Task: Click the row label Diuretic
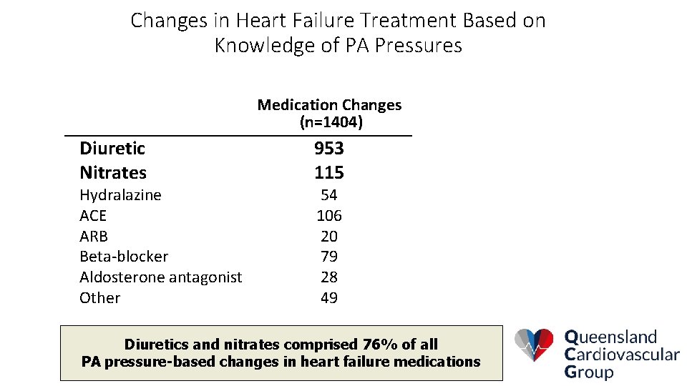click(x=112, y=149)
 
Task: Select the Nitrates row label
click(x=113, y=172)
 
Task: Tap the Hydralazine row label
click(x=120, y=195)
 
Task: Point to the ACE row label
click(x=93, y=216)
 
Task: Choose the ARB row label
click(x=94, y=236)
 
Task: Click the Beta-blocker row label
click(x=124, y=257)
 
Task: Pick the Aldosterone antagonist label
click(x=161, y=277)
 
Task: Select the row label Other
click(x=100, y=298)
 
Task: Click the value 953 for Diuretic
click(x=329, y=149)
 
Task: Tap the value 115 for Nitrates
click(x=329, y=172)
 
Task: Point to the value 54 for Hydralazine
click(x=329, y=195)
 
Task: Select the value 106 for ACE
click(x=329, y=216)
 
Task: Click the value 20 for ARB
click(x=329, y=236)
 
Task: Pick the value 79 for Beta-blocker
click(x=329, y=257)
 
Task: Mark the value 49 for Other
click(x=329, y=298)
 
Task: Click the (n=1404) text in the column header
click(x=331, y=123)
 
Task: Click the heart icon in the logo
click(x=535, y=345)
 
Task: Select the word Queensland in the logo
click(x=610, y=337)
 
